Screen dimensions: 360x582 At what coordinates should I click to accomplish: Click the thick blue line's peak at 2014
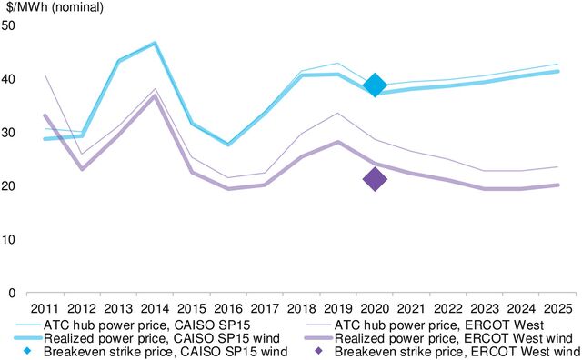point(154,44)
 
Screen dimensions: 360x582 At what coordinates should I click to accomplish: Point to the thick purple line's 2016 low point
point(227,189)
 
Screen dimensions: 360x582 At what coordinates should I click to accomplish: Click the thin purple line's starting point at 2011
point(44,75)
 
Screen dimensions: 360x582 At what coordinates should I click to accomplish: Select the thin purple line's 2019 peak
point(338,113)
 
